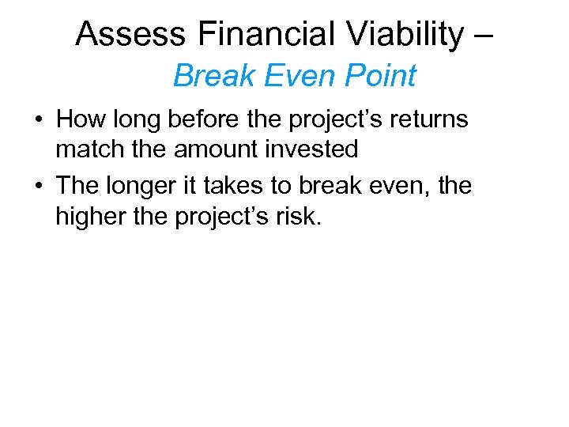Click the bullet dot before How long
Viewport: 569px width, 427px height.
click(38, 121)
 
